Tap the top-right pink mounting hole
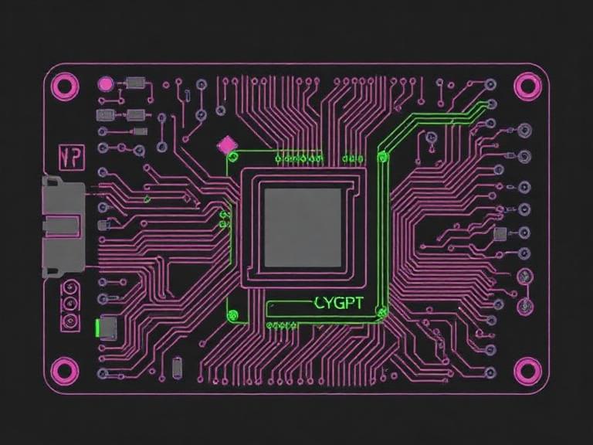[x=527, y=84]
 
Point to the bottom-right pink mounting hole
[x=527, y=370]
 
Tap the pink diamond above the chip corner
[x=227, y=144]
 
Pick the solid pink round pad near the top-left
[x=106, y=83]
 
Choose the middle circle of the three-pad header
[x=69, y=304]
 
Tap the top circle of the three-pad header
[x=69, y=290]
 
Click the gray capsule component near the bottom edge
[x=177, y=366]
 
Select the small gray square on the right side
[x=500, y=233]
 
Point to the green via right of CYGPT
[x=381, y=311]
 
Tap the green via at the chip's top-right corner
[x=381, y=158]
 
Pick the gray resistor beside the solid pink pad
[x=137, y=82]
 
